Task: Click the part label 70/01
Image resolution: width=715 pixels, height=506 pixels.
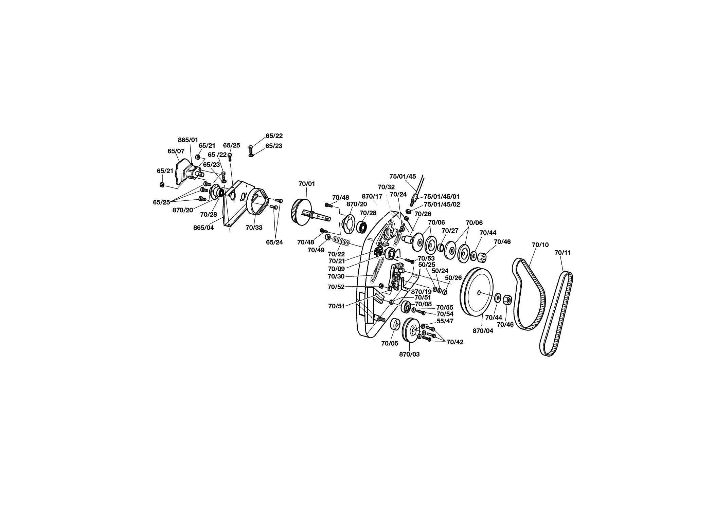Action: coord(307,184)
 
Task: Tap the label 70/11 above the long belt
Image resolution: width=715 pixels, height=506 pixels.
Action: coord(563,253)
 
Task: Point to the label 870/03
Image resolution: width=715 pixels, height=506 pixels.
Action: coord(409,354)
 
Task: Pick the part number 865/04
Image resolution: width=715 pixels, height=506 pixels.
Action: coord(203,228)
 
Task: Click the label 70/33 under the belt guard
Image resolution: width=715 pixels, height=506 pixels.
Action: coord(254,228)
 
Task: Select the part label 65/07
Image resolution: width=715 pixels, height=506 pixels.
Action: coord(176,151)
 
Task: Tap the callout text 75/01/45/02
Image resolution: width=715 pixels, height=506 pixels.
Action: coord(442,204)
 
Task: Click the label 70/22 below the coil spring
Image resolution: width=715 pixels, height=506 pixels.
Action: coord(337,254)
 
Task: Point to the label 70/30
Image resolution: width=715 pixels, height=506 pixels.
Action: coord(337,276)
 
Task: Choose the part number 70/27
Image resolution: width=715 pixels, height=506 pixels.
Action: coord(450,231)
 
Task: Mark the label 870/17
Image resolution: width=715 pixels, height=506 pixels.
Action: coord(372,196)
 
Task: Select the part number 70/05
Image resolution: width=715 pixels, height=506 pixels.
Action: coord(390,343)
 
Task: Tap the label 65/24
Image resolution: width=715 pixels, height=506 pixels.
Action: coord(274,242)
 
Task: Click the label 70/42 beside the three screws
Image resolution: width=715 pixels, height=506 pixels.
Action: coord(455,342)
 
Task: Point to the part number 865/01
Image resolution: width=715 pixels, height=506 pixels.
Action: coord(188,140)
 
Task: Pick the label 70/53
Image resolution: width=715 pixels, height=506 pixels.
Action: coord(426,258)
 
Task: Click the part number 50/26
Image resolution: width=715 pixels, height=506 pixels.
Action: coord(453,278)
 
